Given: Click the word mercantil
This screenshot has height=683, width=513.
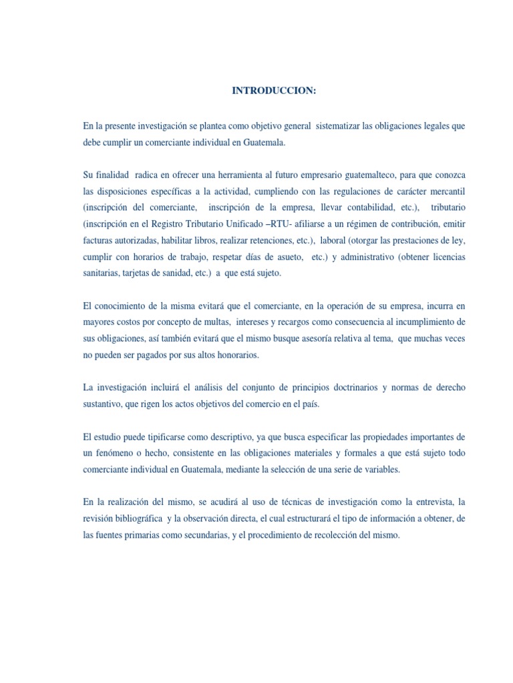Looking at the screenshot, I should click(446, 191).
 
